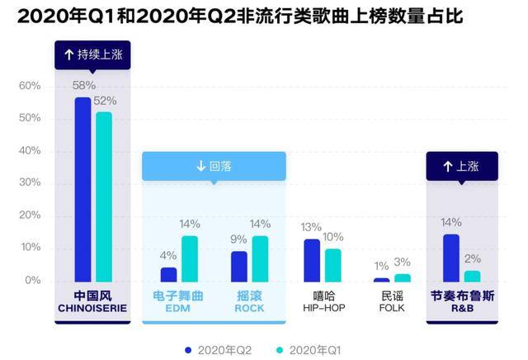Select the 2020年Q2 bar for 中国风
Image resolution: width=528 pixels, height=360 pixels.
(x=82, y=189)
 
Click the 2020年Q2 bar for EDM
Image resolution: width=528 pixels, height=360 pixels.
(x=168, y=274)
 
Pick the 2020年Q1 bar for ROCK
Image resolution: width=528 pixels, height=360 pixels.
(x=261, y=258)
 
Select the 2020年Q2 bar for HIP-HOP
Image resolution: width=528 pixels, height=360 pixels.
(x=312, y=260)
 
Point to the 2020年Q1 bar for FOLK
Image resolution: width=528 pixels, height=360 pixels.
(x=403, y=277)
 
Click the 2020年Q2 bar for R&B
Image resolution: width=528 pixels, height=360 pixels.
(x=451, y=258)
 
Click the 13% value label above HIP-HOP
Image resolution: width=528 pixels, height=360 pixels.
(x=312, y=227)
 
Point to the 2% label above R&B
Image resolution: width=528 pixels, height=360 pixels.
(x=473, y=258)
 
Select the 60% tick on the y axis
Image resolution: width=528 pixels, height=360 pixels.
(x=30, y=86)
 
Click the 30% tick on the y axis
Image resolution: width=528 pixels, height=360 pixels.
(x=30, y=183)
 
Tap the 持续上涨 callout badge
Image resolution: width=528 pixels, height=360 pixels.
(x=92, y=55)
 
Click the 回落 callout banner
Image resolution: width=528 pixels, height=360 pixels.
(x=214, y=166)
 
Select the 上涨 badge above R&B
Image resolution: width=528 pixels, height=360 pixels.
(x=462, y=166)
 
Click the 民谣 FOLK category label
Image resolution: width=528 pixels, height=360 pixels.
(x=392, y=302)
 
